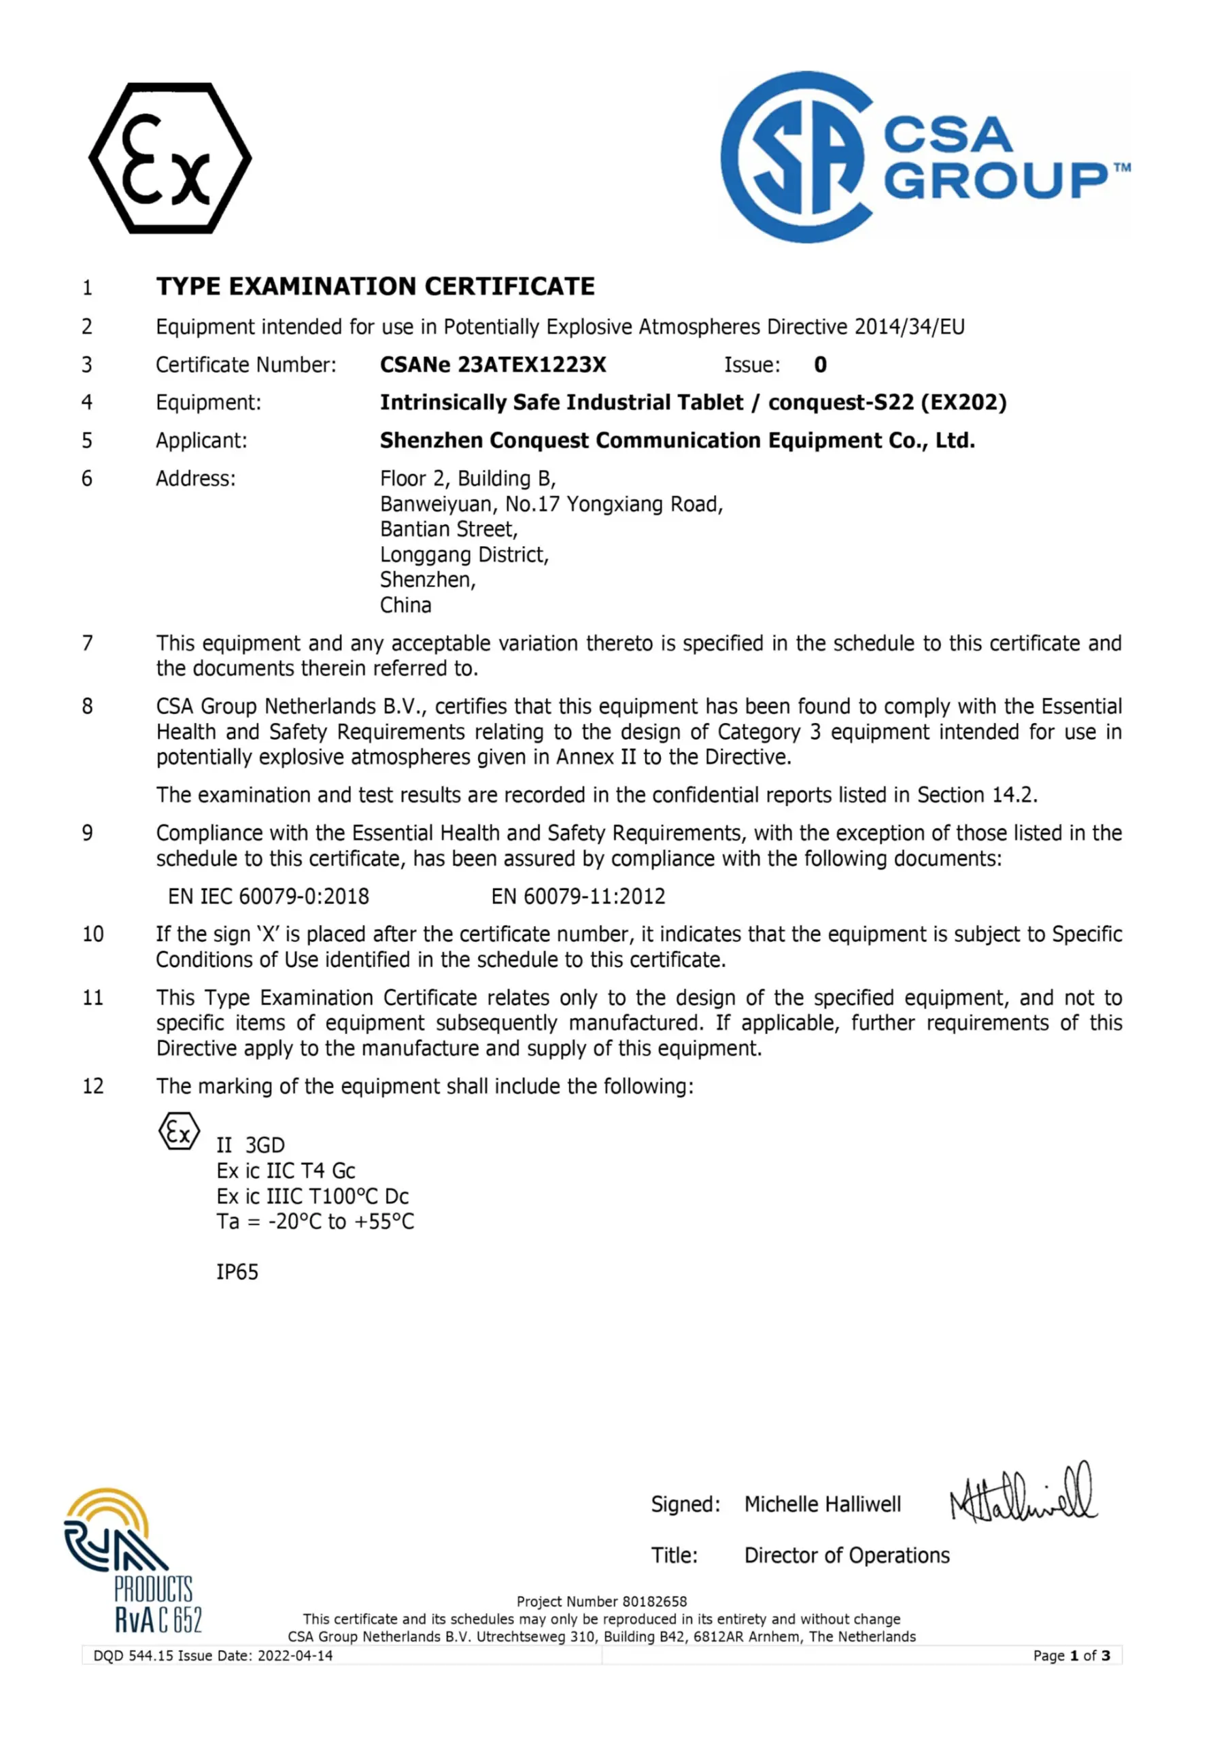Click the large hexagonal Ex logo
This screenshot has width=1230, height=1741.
point(170,158)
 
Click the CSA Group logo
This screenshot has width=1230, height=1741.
point(923,157)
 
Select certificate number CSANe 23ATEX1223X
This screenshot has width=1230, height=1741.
point(493,365)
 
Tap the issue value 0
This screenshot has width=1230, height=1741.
point(820,365)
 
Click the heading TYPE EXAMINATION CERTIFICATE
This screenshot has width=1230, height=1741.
point(375,286)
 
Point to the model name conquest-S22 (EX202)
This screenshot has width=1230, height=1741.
point(887,402)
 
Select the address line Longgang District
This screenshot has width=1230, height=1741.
point(464,554)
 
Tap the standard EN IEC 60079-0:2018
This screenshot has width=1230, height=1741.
point(269,896)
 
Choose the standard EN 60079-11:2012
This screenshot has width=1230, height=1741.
point(578,896)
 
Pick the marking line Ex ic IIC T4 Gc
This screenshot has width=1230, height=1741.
point(286,1171)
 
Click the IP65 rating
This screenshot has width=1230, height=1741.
point(237,1272)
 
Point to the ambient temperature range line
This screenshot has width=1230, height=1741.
point(315,1221)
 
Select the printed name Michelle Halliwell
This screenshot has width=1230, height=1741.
point(823,1504)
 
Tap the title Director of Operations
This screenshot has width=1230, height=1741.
point(847,1555)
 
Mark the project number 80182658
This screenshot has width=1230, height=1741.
point(654,1602)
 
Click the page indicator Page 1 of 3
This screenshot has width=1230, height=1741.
point(1071,1655)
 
